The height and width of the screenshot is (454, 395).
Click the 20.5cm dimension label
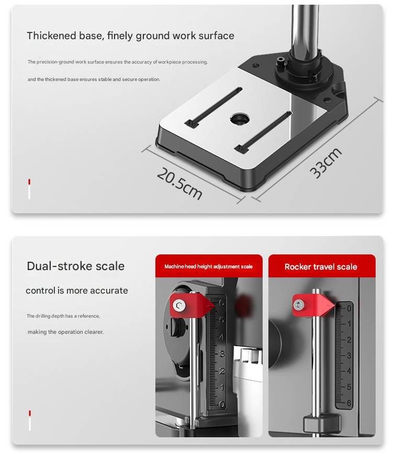pyautogui.click(x=179, y=182)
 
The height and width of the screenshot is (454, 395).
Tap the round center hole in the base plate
pyautogui.click(x=239, y=119)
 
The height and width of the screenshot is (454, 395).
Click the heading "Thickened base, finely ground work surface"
pyautogui.click(x=130, y=36)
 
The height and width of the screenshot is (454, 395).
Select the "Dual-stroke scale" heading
pyautogui.click(x=75, y=266)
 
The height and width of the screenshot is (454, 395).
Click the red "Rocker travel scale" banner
pyautogui.click(x=321, y=266)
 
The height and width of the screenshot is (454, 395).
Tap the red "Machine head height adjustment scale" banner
pyautogui.click(x=208, y=266)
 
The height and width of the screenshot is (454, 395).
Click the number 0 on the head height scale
pyautogui.click(x=222, y=404)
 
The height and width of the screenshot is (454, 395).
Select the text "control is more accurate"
pyautogui.click(x=77, y=290)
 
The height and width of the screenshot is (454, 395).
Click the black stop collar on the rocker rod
pyautogui.click(x=320, y=421)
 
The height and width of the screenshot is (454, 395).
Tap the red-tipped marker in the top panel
pyautogui.click(x=29, y=189)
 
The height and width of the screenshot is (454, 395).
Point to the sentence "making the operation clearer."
pyautogui.click(x=65, y=332)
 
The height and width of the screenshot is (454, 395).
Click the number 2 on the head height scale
pyautogui.click(x=222, y=370)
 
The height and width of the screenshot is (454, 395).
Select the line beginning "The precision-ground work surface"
pyautogui.click(x=117, y=62)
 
